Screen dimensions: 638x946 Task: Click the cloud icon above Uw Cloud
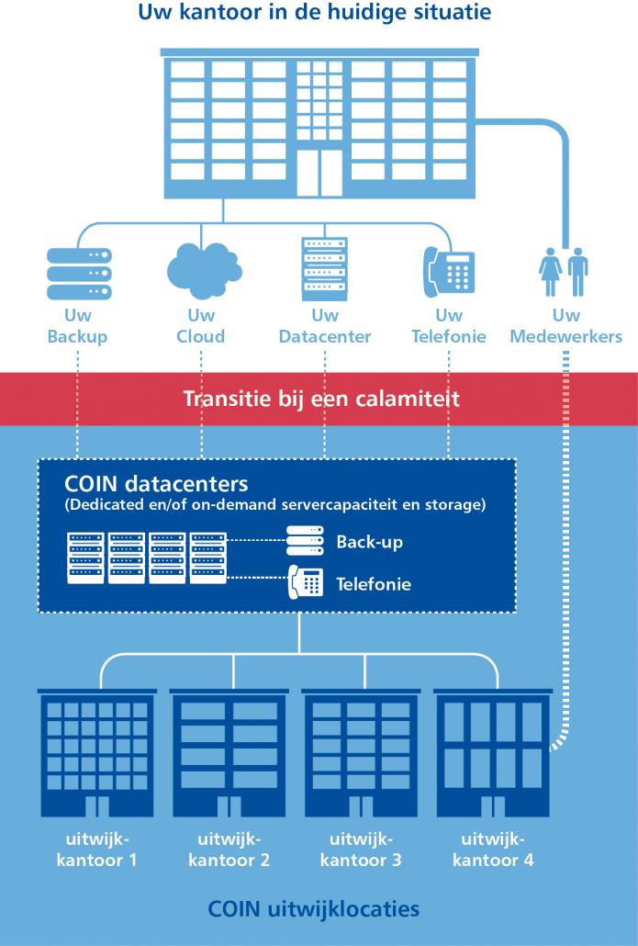204,270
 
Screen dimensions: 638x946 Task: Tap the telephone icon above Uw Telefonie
449,272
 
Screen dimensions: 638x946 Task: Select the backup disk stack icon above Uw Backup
79,274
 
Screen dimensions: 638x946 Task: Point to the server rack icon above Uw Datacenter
324,269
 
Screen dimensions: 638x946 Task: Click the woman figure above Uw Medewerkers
549,272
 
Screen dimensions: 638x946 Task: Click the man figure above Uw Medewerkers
577,272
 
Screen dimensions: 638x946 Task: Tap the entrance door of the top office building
319,173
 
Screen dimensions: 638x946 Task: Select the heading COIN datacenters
156,484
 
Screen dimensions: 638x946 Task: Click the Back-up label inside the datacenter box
370,542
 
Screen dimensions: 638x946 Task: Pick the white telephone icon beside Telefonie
305,582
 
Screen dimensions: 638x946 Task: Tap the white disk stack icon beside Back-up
305,541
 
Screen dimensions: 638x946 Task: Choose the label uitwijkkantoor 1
96,850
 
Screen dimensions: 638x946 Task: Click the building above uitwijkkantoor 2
229,753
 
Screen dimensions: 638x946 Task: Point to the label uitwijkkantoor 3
361,850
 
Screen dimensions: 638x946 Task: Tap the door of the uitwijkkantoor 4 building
493,806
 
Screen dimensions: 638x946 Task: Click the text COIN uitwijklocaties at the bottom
314,908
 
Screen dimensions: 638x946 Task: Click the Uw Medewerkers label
565,326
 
